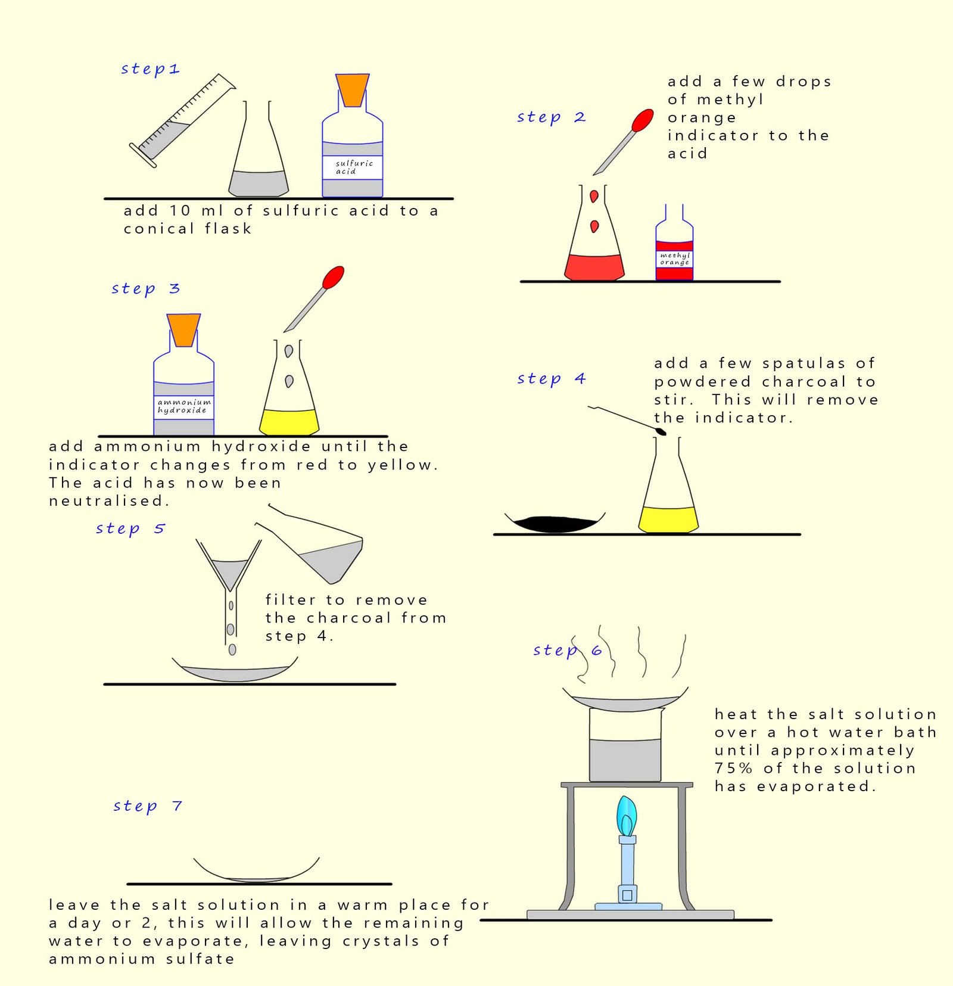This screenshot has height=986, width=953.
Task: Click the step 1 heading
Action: (x=150, y=69)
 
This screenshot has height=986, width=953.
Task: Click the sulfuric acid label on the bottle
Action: (x=353, y=167)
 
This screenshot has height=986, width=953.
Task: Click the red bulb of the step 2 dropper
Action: (x=642, y=120)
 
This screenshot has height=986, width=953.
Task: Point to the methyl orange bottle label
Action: (x=674, y=259)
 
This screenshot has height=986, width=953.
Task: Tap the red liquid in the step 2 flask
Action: (x=594, y=266)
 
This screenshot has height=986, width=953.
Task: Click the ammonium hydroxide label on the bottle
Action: (x=183, y=406)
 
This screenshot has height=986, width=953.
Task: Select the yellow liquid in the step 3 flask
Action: (x=289, y=421)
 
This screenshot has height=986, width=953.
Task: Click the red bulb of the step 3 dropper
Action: (x=333, y=277)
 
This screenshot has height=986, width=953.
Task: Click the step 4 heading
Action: (x=551, y=378)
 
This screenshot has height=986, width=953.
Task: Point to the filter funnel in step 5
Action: (x=229, y=572)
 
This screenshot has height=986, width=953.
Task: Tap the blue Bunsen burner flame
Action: (x=626, y=816)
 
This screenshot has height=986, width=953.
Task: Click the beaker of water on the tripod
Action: (x=624, y=751)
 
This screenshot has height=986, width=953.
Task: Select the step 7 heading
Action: (x=147, y=806)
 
